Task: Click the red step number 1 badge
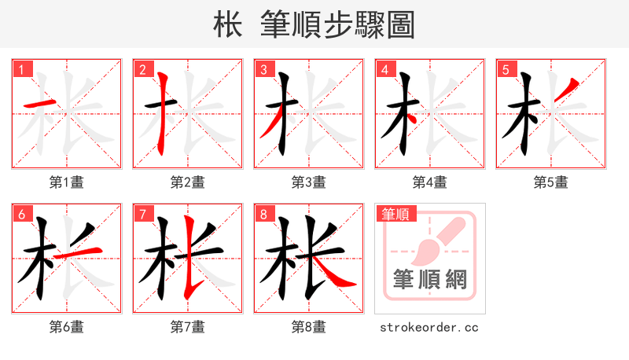pyautogui.click(x=20, y=70)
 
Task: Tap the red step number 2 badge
pyautogui.click(x=142, y=70)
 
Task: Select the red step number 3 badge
pyautogui.click(x=263, y=70)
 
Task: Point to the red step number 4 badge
pyautogui.click(x=384, y=70)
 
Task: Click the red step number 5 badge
pyautogui.click(x=505, y=70)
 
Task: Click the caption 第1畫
pyautogui.click(x=67, y=182)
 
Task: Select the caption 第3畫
pyautogui.click(x=308, y=182)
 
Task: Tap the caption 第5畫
pyautogui.click(x=550, y=182)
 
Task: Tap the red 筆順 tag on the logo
pyautogui.click(x=395, y=214)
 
